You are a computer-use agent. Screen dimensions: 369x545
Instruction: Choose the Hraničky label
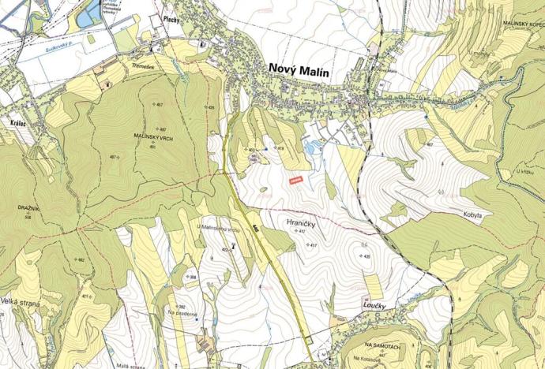[x=301, y=224]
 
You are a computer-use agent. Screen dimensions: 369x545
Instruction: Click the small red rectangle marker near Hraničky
[x=296, y=182]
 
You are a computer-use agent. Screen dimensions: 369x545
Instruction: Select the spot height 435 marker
[x=366, y=256]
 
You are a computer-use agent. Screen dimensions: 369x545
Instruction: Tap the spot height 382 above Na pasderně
[x=181, y=306]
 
